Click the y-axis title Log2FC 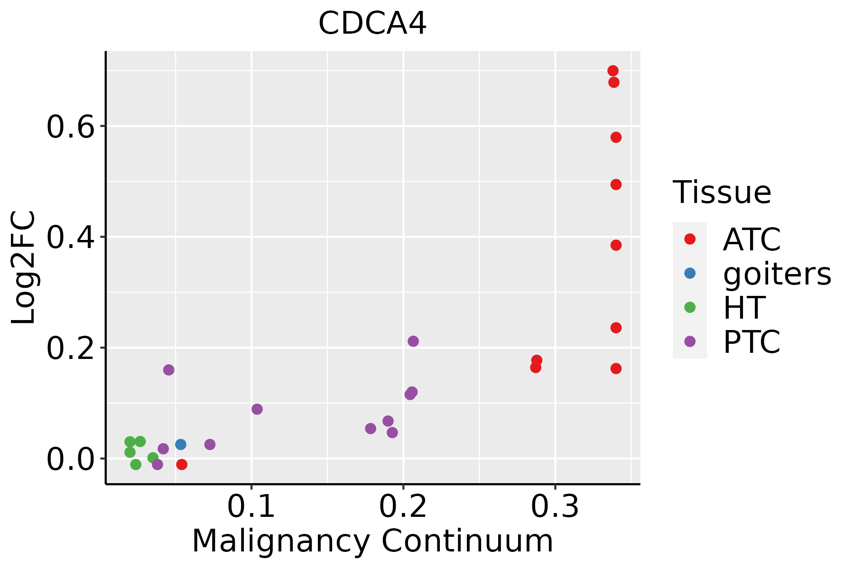[24, 267]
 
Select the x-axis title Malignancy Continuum [372, 541]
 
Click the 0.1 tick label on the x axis [251, 507]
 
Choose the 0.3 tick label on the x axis [555, 507]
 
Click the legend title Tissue [722, 193]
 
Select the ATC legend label [752, 239]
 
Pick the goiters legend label [777, 274]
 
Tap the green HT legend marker [690, 307]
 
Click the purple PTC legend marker [690, 341]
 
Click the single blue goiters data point [181, 444]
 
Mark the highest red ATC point [613, 71]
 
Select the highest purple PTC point [413, 341]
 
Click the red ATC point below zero [182, 464]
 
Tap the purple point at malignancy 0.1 [257, 409]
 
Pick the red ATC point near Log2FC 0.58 [616, 138]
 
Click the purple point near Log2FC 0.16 [169, 370]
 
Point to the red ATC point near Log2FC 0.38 [616, 245]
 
